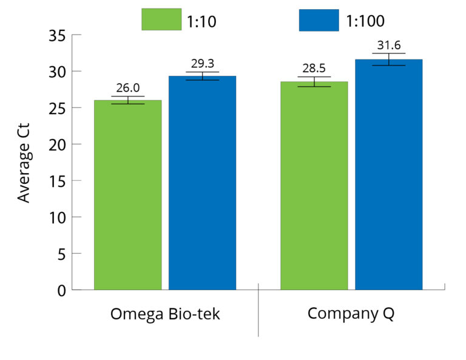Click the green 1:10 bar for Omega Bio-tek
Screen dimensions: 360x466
coord(127,194)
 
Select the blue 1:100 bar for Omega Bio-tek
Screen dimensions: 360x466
coord(202,182)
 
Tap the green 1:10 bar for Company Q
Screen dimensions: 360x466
coord(314,185)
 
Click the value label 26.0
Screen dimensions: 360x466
coord(127,89)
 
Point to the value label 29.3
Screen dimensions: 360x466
coord(202,64)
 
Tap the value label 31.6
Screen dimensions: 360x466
coord(388,46)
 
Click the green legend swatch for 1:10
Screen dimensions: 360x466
coord(161,19)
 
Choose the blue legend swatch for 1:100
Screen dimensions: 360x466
coord(319,19)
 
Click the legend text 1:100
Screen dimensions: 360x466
coord(365,21)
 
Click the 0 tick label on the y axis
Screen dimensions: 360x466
coord(61,290)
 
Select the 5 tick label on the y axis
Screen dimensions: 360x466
coord(61,254)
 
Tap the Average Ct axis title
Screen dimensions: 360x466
coord(24,163)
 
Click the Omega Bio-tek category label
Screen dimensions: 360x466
coord(165,314)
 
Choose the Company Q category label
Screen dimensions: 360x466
coord(351,313)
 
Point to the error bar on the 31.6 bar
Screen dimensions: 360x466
coord(388,59)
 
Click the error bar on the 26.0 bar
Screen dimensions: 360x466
coord(127,100)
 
